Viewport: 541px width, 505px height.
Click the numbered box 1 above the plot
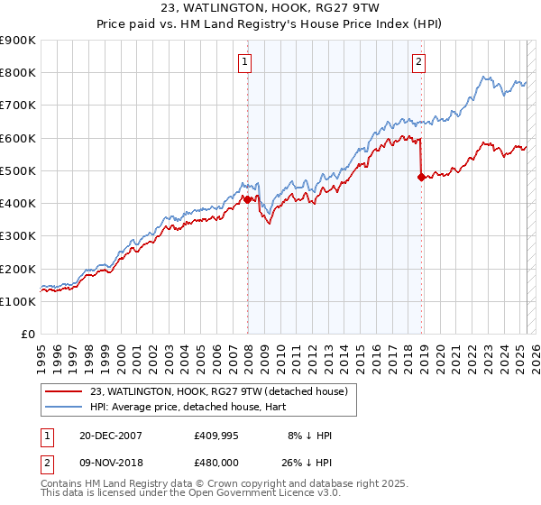tap(245, 62)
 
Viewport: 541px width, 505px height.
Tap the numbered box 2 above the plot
tap(419, 62)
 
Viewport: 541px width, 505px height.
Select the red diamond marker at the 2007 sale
tap(247, 199)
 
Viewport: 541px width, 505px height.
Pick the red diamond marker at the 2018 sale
tap(421, 177)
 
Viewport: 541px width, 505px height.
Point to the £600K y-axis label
tap(18, 138)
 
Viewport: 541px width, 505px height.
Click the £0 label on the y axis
tap(27, 334)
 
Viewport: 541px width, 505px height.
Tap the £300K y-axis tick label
tap(18, 236)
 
